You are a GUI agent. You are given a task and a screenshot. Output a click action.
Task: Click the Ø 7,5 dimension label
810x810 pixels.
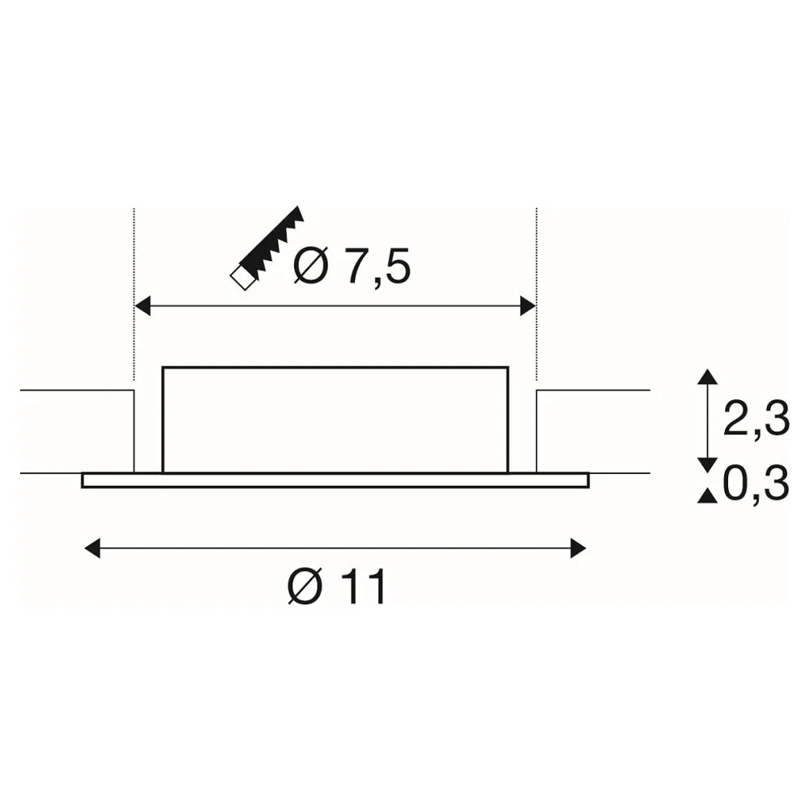pos(352,266)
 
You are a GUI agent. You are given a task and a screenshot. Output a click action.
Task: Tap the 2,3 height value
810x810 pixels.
pos(757,420)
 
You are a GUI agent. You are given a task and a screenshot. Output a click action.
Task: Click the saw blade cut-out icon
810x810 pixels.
pos(267,248)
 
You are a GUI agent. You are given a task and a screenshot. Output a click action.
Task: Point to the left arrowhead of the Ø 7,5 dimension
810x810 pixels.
pos(142,306)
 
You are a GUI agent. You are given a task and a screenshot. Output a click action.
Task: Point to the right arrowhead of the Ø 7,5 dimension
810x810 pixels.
pos(528,306)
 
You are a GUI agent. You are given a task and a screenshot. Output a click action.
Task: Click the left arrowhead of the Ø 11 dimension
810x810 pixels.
pos(92,548)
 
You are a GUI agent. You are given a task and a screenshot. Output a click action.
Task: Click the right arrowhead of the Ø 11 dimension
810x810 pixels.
pos(578,548)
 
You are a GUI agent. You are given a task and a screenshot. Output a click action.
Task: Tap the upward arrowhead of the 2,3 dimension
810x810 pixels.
pos(707,376)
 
